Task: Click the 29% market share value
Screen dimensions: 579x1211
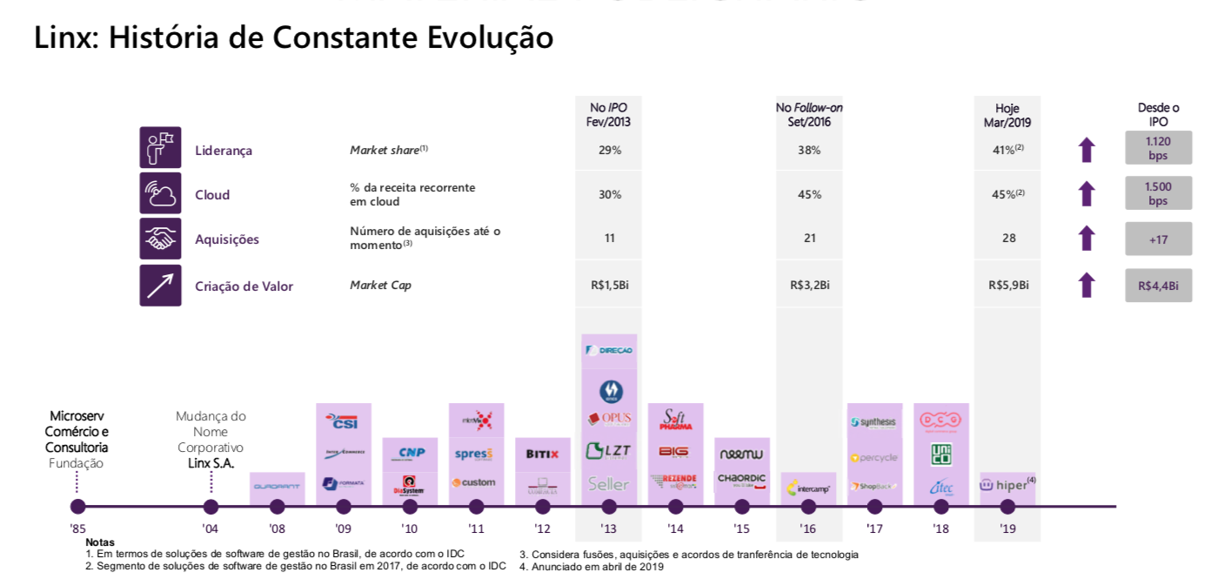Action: coord(609,151)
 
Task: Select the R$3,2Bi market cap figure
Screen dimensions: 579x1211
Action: coord(809,285)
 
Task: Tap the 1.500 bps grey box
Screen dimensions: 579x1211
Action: coord(1158,193)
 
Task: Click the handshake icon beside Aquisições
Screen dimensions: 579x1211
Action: coord(160,239)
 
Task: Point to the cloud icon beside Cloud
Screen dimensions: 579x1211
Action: coord(160,193)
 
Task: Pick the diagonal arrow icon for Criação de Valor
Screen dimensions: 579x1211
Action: coord(160,286)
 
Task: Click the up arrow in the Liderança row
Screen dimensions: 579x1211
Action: coord(1087,150)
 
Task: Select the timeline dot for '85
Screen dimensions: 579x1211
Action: coord(77,507)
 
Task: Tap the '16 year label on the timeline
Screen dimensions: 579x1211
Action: coord(808,529)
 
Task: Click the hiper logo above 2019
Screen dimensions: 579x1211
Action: coord(1007,485)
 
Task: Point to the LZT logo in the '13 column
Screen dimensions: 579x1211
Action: coord(608,451)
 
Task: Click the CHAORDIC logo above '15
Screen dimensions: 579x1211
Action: coord(741,479)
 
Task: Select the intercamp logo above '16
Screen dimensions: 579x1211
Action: coord(808,488)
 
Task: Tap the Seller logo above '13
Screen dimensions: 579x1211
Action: coord(608,483)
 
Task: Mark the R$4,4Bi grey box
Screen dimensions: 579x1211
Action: coord(1158,285)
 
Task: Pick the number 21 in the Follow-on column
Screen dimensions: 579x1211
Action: coord(809,239)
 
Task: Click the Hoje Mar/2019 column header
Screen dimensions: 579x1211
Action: coord(1007,115)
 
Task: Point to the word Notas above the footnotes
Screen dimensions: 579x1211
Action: coord(100,542)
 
